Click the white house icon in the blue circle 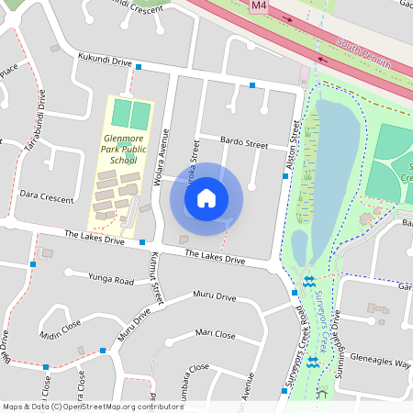[206, 197]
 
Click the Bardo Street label [244, 144]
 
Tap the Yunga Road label [111, 279]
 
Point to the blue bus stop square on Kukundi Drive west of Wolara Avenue [139, 67]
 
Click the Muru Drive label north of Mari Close [214, 297]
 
